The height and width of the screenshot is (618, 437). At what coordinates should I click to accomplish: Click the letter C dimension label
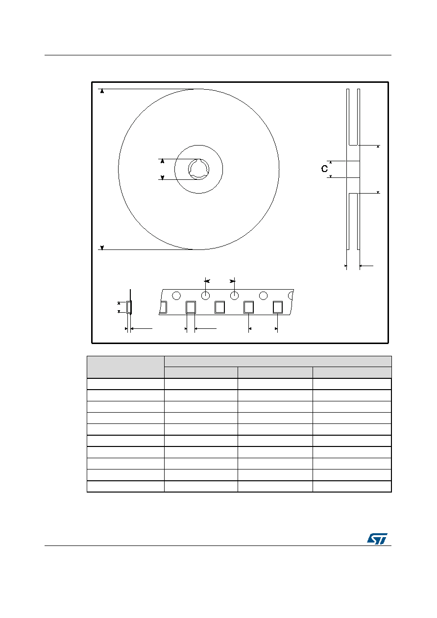coord(324,169)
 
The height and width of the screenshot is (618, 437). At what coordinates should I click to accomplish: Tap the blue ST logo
coord(377,539)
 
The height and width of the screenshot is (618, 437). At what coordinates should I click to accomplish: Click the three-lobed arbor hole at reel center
coord(198,170)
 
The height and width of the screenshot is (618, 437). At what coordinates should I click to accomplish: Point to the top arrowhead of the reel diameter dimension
coord(102,91)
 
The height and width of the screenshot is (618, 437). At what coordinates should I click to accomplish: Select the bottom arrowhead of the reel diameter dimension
coord(102,248)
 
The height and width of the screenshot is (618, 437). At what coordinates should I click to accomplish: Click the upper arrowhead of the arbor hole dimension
coord(162,161)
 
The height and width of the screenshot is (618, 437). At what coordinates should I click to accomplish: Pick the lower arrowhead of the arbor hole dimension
coord(162,178)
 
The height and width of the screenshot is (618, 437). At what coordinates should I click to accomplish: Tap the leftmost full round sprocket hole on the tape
coord(176,296)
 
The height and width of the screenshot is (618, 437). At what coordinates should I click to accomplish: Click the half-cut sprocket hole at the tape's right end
coord(291,296)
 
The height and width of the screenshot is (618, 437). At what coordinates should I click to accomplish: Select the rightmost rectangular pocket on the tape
coord(278,307)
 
